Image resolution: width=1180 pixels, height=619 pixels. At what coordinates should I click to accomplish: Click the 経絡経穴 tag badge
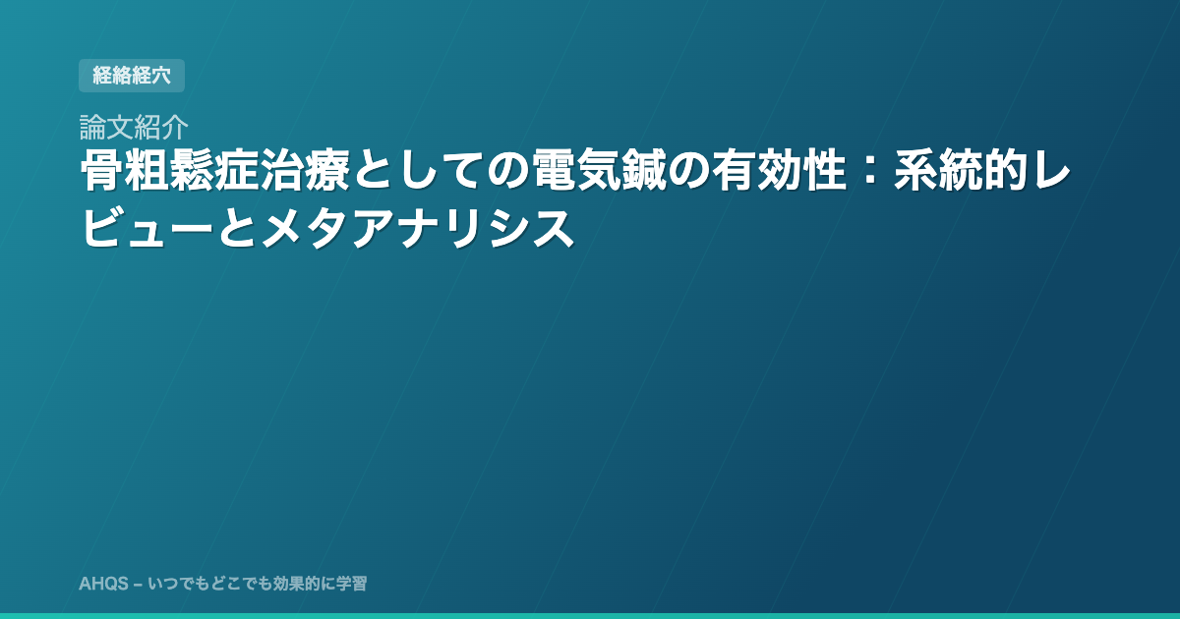[x=132, y=76]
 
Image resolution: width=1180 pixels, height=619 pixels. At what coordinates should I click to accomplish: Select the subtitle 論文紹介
[x=134, y=127]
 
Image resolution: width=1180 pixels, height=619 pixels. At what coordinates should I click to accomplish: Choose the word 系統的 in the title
[x=961, y=171]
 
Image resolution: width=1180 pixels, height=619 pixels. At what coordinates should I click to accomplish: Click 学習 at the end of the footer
[x=352, y=584]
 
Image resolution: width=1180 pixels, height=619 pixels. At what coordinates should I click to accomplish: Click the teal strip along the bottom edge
[x=590, y=616]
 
